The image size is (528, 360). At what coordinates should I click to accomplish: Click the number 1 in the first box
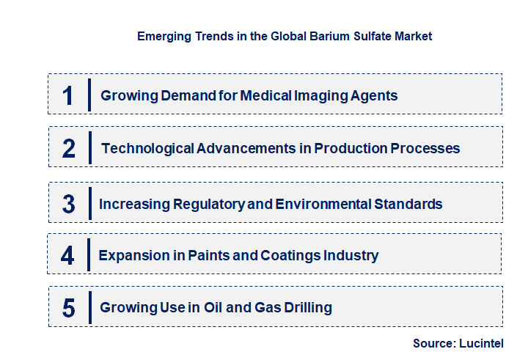pos(68,95)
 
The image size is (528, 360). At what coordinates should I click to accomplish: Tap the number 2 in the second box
pos(69,148)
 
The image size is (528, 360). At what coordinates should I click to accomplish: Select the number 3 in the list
pos(69,204)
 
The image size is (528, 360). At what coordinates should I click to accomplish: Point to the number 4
pos(68,256)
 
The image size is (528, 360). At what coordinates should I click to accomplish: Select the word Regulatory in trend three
pos(203,204)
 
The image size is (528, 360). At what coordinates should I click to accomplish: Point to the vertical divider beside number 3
pos(88,203)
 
